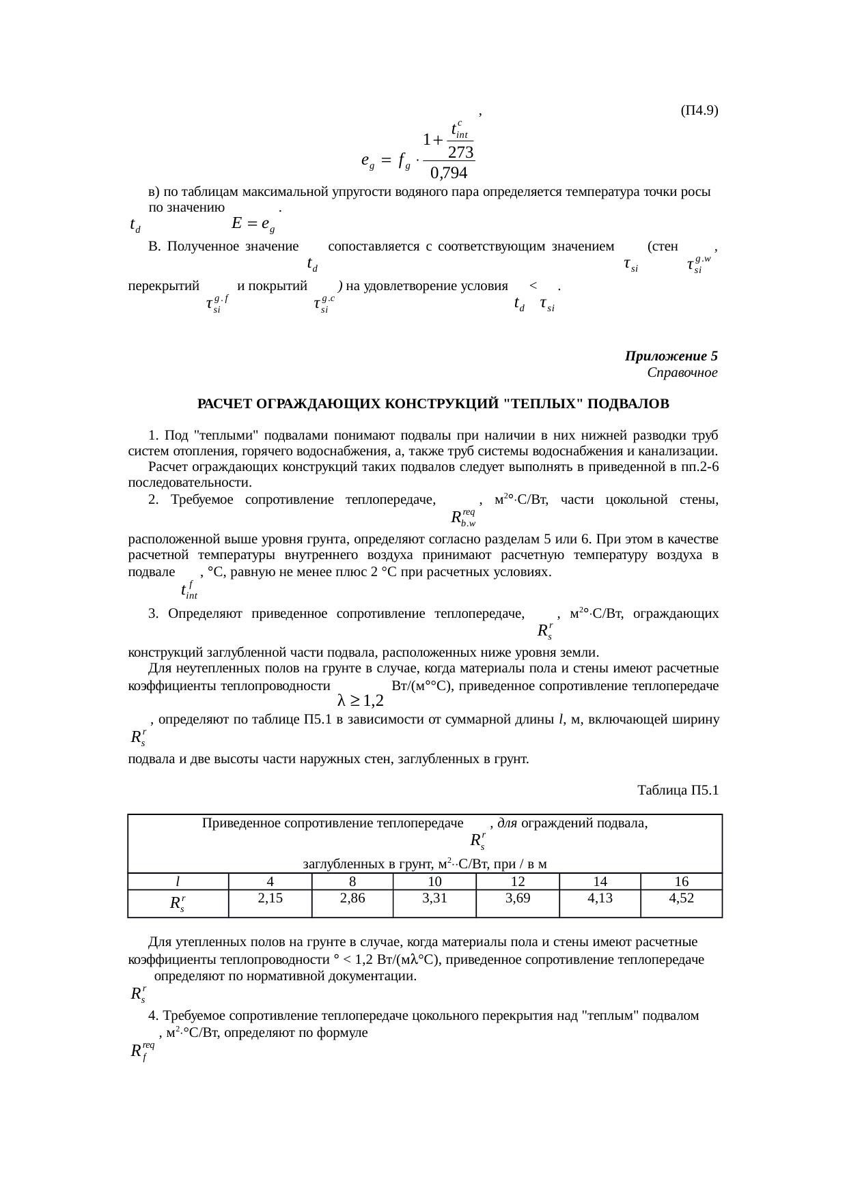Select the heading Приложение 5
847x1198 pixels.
click(671, 356)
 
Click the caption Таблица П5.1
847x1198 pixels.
click(677, 790)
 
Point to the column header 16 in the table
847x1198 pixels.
click(681, 881)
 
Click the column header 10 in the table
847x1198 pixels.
click(434, 881)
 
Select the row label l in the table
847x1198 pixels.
click(178, 881)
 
